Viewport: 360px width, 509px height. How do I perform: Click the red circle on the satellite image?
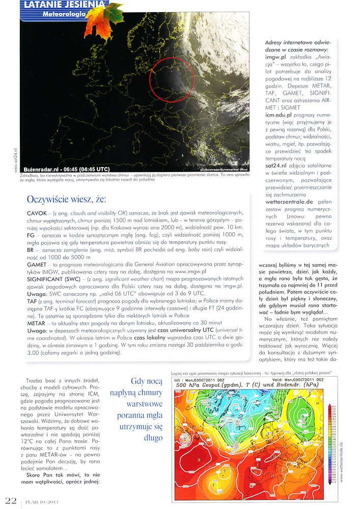(x=172, y=79)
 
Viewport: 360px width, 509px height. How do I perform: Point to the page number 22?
(x=11, y=501)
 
